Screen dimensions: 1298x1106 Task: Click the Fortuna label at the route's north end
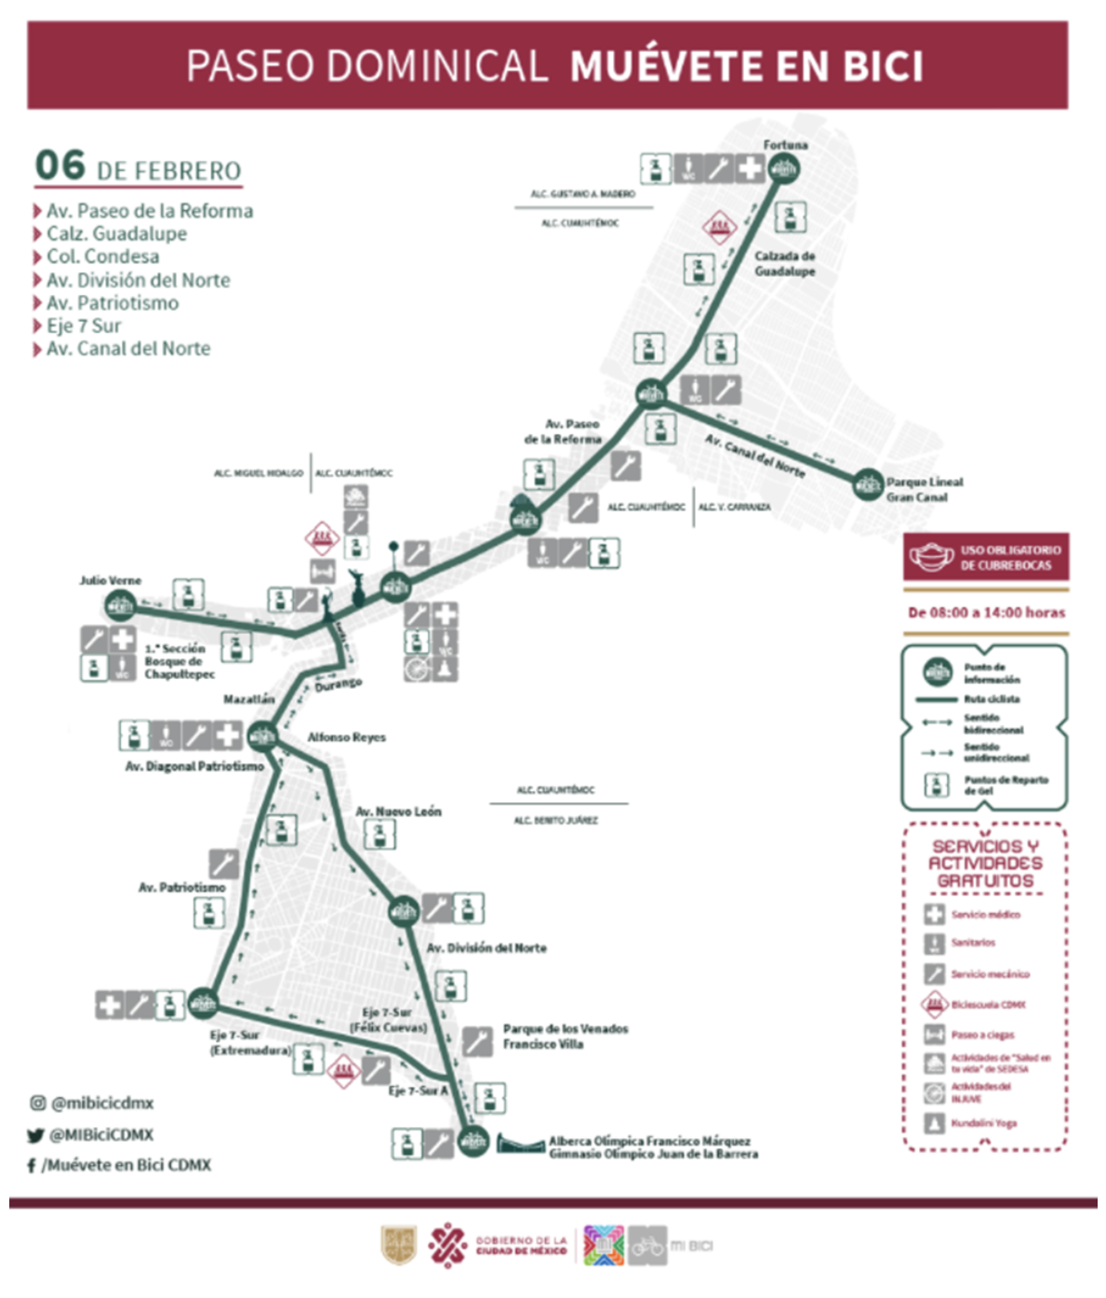pos(785,145)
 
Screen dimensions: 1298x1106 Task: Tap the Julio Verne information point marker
pos(119,607)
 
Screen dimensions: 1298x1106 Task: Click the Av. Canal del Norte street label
pos(754,455)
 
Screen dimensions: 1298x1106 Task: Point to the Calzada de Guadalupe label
pos(784,263)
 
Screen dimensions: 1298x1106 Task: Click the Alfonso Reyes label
pos(346,737)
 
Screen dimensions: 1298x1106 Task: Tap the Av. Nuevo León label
pos(398,812)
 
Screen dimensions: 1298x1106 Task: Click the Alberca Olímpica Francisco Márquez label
pos(649,1141)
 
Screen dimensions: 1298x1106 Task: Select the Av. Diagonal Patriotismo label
pos(194,766)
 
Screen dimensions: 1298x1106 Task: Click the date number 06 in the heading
pos(60,166)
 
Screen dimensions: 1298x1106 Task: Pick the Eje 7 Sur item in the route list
pos(84,325)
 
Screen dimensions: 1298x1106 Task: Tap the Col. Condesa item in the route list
pos(102,257)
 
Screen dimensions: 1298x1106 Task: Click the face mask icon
pos(931,557)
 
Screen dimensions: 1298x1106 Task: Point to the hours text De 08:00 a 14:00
pos(986,613)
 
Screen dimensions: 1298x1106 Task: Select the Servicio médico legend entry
pos(984,915)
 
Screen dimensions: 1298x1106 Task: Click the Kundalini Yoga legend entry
pos(983,1123)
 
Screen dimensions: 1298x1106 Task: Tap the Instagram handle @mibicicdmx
pos(102,1103)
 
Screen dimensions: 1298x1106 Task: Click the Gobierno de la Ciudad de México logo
pos(498,1246)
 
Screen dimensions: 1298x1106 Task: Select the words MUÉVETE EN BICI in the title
pos(746,66)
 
